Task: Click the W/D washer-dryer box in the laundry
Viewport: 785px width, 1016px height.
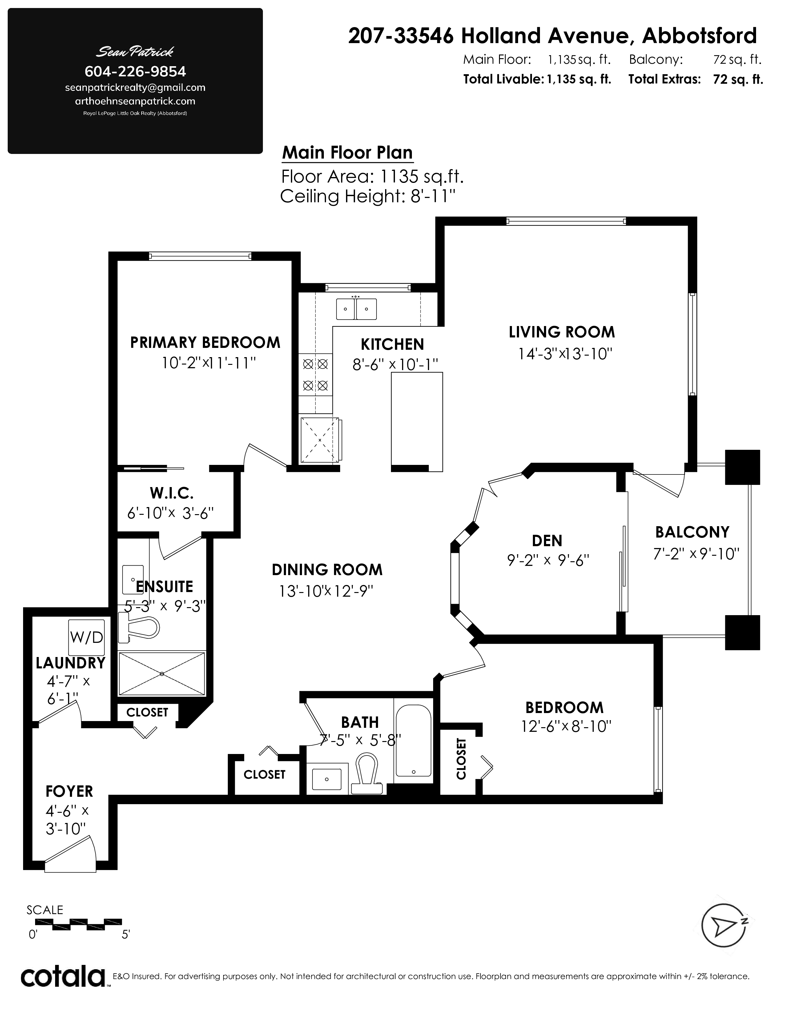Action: [x=86, y=637]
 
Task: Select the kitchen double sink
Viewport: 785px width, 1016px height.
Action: [x=356, y=309]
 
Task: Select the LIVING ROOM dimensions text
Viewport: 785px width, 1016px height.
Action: [x=565, y=354]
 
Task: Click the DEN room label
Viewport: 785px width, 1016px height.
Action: [x=547, y=541]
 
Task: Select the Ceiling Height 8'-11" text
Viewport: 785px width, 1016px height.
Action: [x=367, y=197]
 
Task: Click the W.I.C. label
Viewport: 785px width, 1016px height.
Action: [x=171, y=492]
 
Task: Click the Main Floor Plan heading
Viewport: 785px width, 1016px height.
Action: [x=347, y=153]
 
